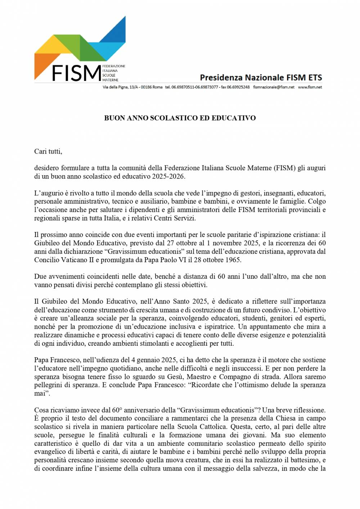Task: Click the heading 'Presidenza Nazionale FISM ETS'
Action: point(261,77)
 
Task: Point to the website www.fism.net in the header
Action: point(310,87)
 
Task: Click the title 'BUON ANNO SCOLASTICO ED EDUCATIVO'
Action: point(180,118)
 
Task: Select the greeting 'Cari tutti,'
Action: point(48,151)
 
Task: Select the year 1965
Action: point(233,260)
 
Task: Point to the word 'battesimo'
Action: point(309,460)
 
